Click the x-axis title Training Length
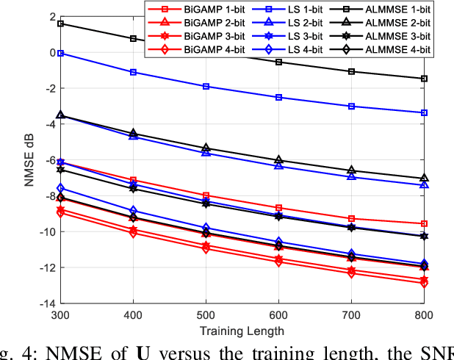[x=242, y=331]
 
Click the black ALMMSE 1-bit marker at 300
[x=60, y=24]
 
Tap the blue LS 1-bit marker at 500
[x=206, y=87]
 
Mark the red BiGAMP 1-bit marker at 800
[x=424, y=223]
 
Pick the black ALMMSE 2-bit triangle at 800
[x=424, y=179]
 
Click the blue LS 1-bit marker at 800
[x=424, y=112]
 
